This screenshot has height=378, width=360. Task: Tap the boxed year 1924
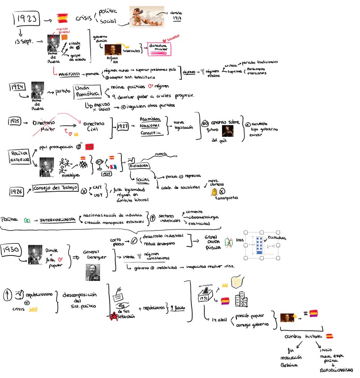coord(19,87)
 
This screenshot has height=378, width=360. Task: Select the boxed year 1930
coord(13,251)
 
